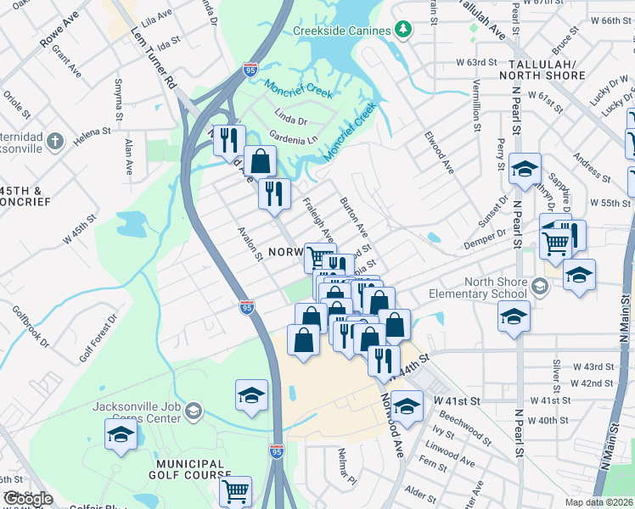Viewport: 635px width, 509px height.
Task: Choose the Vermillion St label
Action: click(477, 105)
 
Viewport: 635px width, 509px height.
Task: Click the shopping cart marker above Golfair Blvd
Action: click(235, 489)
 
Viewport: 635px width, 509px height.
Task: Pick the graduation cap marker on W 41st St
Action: click(407, 405)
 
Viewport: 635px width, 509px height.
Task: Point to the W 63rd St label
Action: click(475, 63)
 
